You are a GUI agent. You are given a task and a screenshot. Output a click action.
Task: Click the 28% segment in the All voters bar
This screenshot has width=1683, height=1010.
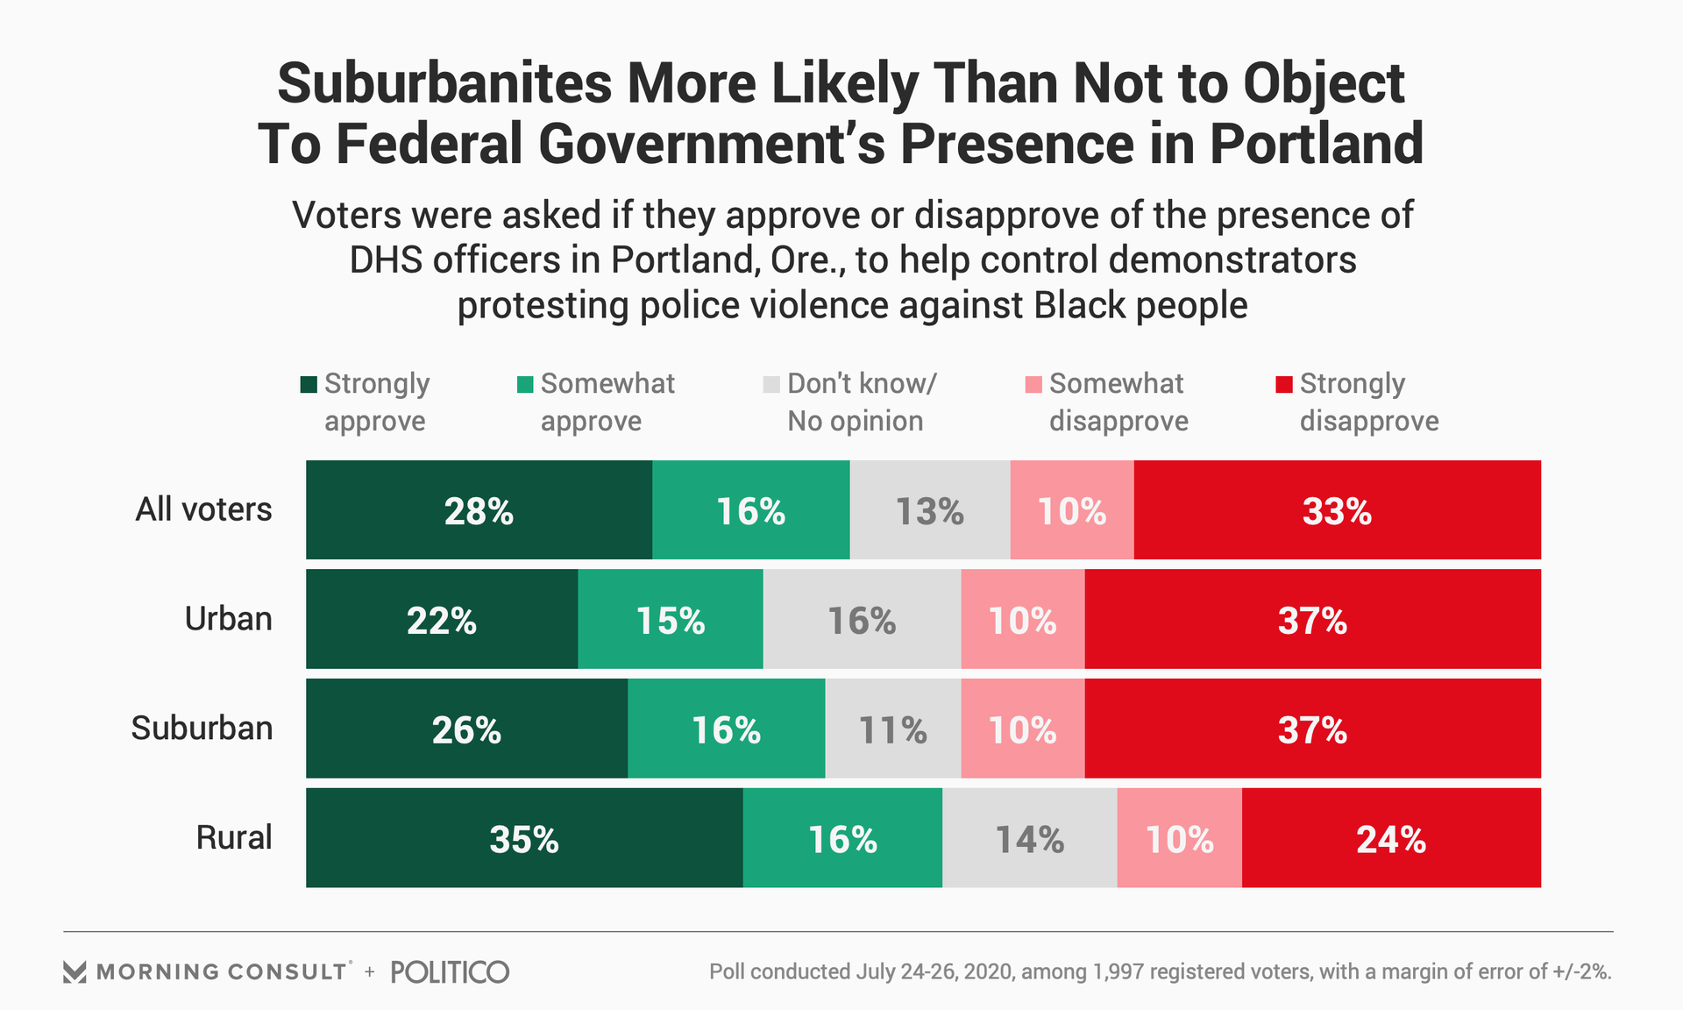coord(479,510)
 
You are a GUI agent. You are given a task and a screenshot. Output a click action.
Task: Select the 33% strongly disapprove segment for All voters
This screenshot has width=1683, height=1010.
coord(1337,510)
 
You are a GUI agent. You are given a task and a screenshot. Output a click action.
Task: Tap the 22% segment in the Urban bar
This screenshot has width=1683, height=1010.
coord(442,620)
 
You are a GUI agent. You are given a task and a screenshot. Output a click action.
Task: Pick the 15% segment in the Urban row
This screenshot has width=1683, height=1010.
coord(671,620)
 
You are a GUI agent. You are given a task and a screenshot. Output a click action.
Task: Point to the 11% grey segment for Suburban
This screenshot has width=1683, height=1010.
coord(892,729)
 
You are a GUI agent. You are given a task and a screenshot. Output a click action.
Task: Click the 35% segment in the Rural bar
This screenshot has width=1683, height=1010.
coord(524,838)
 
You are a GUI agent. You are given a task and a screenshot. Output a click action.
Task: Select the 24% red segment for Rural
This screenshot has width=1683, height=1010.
coord(1391,838)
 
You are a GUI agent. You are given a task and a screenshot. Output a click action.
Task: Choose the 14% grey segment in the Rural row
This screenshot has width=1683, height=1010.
coord(1029,838)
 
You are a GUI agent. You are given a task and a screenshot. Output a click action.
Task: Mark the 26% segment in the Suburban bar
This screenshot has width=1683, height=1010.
coord(466,729)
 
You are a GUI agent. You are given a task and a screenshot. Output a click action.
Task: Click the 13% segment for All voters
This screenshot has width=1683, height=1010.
coord(929,510)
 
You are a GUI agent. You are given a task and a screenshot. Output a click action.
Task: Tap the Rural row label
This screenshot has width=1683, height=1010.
coord(234,837)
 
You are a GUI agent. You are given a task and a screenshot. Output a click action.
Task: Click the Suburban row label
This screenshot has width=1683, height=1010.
coord(202,728)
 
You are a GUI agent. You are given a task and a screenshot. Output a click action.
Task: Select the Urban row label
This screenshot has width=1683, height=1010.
coord(228,619)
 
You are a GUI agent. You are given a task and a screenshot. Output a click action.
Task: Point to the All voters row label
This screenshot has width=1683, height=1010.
coord(203,509)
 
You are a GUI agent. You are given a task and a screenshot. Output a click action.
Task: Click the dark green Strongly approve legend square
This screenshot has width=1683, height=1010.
coord(309,385)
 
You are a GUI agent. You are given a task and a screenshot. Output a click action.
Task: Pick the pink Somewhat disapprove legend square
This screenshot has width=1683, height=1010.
coord(1033,385)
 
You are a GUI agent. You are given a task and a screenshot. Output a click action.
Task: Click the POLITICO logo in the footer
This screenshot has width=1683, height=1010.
coord(450,971)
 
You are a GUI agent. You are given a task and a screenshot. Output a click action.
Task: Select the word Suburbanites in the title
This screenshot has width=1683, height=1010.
coord(444,84)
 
